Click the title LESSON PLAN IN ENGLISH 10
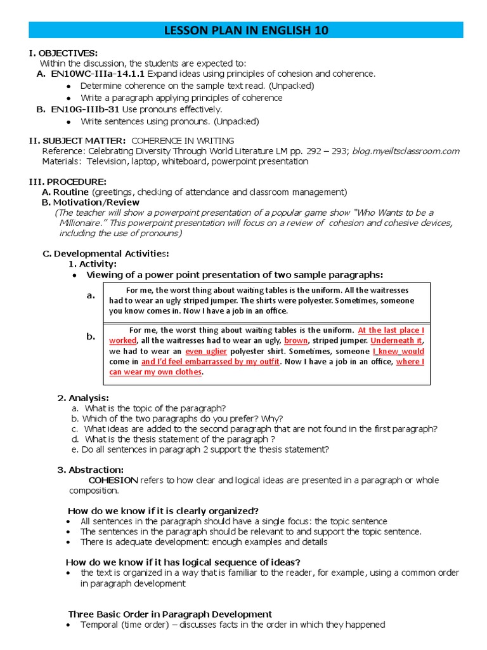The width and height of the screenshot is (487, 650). coord(247,30)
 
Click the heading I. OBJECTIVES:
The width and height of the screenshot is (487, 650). coord(63,53)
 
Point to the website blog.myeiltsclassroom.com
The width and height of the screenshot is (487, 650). coord(406,150)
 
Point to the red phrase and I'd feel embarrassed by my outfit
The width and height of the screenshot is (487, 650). coord(210,361)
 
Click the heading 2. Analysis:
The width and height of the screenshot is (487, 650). coord(83,398)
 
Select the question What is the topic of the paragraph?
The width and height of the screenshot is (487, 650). coord(155,408)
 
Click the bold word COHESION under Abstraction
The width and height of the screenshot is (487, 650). coord(113,480)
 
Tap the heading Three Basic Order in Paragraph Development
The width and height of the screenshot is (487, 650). coord(170,614)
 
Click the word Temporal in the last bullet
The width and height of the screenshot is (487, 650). coord(98,625)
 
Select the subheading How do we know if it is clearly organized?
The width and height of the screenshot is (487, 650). coord(163,511)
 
